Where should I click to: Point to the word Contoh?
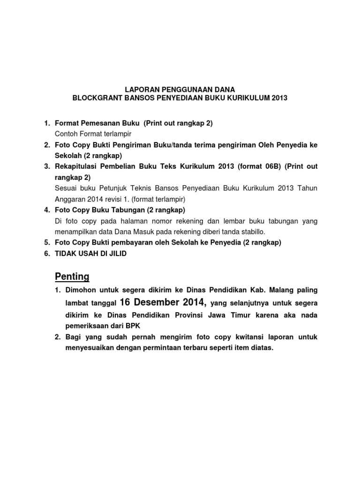(x=67, y=134)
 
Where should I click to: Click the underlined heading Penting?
(x=72, y=276)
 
